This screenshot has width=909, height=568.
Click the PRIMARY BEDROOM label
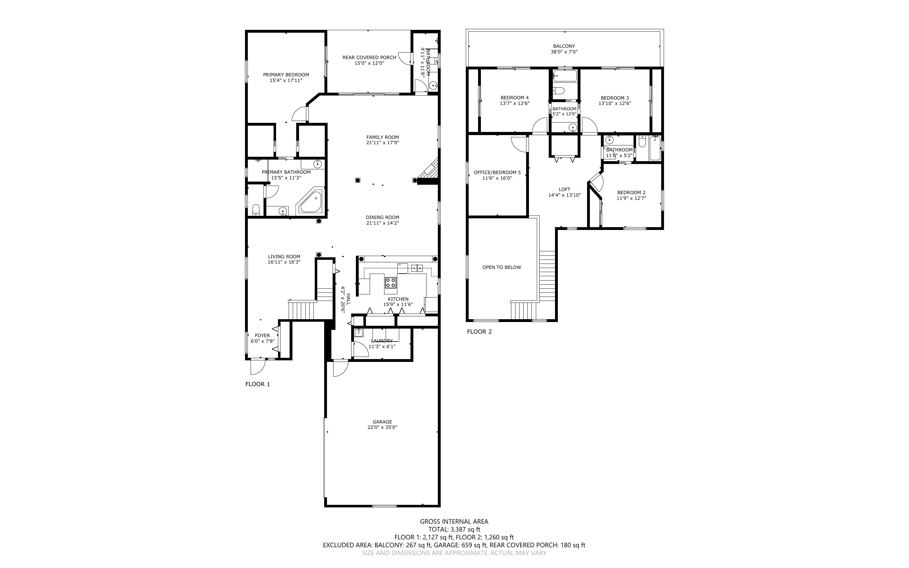[286, 75]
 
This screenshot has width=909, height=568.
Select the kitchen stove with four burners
[390, 282]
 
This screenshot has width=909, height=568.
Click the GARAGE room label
[382, 422]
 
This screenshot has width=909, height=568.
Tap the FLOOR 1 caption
[258, 384]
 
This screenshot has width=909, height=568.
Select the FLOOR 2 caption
[479, 331]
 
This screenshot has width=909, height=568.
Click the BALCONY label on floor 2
[564, 46]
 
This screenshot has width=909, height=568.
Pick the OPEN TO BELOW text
[502, 267]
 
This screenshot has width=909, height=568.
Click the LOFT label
[564, 189]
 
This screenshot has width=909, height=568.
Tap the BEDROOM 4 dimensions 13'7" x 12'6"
[514, 103]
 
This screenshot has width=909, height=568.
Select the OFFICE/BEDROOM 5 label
[497, 172]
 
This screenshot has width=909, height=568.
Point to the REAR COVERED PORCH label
[369, 57]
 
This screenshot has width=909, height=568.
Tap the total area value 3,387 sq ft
[465, 529]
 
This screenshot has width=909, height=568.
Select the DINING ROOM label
[383, 217]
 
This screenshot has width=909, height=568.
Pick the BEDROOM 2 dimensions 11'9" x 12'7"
[631, 198]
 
